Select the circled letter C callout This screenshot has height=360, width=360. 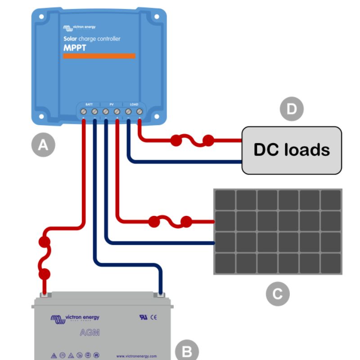click(x=278, y=294)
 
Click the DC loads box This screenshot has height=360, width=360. click(x=292, y=150)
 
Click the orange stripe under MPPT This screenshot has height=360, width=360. click(x=99, y=56)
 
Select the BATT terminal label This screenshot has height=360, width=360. click(x=89, y=104)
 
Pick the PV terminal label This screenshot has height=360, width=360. click(x=111, y=104)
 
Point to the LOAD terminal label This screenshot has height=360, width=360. click(x=134, y=104)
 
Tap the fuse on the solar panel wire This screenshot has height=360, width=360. click(x=170, y=221)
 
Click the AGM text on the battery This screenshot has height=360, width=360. click(x=90, y=333)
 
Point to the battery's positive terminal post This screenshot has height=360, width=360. click(x=45, y=295)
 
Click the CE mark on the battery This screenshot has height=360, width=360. click(x=153, y=317)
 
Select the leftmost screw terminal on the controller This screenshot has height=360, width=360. click(x=84, y=111)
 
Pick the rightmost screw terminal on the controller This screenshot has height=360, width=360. click(x=139, y=111)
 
